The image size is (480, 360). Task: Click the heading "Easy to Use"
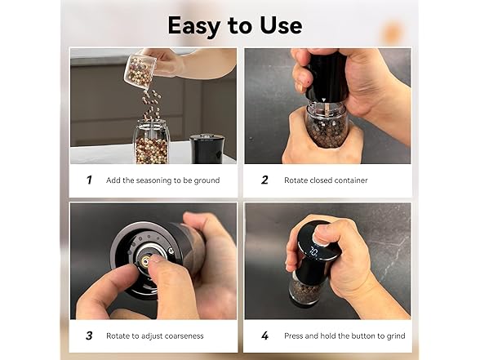[234, 25]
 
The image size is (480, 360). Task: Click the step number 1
[89, 180]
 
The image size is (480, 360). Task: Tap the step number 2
[264, 180]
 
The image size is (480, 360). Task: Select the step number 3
[89, 336]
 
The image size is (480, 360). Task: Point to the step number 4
[264, 336]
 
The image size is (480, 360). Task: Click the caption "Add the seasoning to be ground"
[162, 180]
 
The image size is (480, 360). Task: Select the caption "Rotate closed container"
[326, 180]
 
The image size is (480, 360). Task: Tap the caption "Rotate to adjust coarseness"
[155, 336]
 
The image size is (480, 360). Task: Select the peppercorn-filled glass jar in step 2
[327, 127]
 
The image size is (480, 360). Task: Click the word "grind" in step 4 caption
[394, 336]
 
